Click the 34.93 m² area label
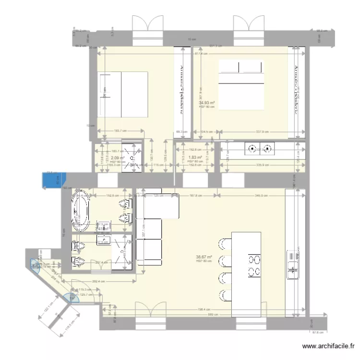point(207,103)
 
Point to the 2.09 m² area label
point(118,157)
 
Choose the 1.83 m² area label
point(194,157)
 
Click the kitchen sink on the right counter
point(292,264)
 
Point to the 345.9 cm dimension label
point(262,196)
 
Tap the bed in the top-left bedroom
point(122,94)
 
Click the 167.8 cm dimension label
point(194,196)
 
